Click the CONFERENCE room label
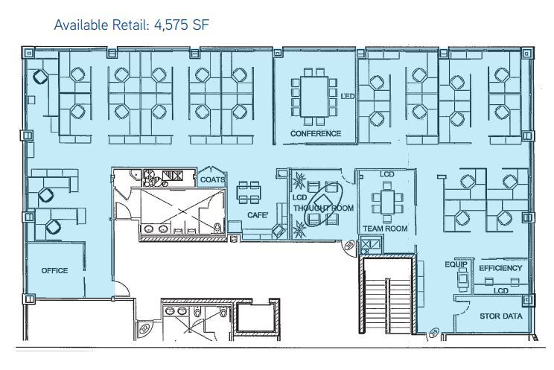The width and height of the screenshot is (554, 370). click(316, 133)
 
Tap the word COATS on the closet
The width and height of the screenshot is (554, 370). click(212, 179)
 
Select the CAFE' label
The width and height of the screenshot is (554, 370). click(258, 215)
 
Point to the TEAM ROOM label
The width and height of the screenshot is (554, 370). click(385, 229)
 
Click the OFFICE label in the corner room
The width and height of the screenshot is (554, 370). click(54, 271)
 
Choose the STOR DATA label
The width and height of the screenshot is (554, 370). click(500, 316)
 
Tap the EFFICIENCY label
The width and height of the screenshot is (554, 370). click(500, 268)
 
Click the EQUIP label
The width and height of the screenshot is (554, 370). click(456, 264)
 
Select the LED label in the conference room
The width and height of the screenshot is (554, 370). click(347, 96)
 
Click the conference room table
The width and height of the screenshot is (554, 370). click(314, 97)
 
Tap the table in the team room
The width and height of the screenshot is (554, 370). click(387, 202)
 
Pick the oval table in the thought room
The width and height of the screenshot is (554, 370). click(323, 204)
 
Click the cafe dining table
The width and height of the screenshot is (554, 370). click(249, 192)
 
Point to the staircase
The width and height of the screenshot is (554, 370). click(387, 295)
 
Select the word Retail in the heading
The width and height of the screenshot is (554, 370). click(129, 25)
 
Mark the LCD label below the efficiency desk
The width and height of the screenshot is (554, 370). click(500, 291)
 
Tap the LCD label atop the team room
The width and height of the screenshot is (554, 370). click(387, 174)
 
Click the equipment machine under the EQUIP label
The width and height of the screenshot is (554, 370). click(462, 279)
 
